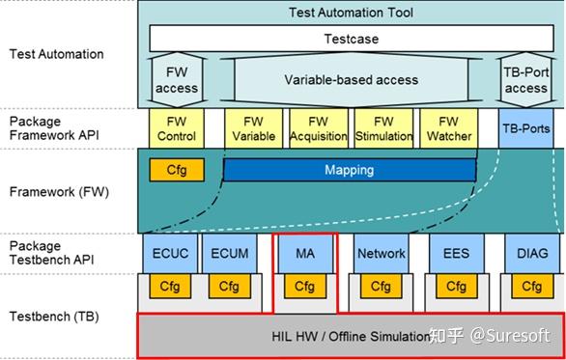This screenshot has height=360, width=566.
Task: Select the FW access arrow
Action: [x=176, y=80]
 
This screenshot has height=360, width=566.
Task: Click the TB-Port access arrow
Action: [x=525, y=80]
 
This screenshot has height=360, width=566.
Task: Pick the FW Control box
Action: [x=176, y=128]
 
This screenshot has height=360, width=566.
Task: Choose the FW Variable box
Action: [x=253, y=128]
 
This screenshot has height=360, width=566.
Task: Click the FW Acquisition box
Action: [x=318, y=128]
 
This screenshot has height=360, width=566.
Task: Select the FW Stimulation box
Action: [x=383, y=128]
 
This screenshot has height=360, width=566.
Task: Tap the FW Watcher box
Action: [x=448, y=128]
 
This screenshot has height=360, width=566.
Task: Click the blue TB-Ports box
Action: [x=525, y=128]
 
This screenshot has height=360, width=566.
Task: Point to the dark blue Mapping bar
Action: [x=349, y=170]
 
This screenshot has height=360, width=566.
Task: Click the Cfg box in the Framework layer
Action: [x=176, y=171]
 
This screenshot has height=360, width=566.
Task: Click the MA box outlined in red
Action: [x=304, y=254]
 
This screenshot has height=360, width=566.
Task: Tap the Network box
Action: [x=381, y=254]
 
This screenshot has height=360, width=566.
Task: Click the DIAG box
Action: [x=530, y=254]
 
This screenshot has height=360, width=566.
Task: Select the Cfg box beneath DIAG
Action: [x=530, y=287]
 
